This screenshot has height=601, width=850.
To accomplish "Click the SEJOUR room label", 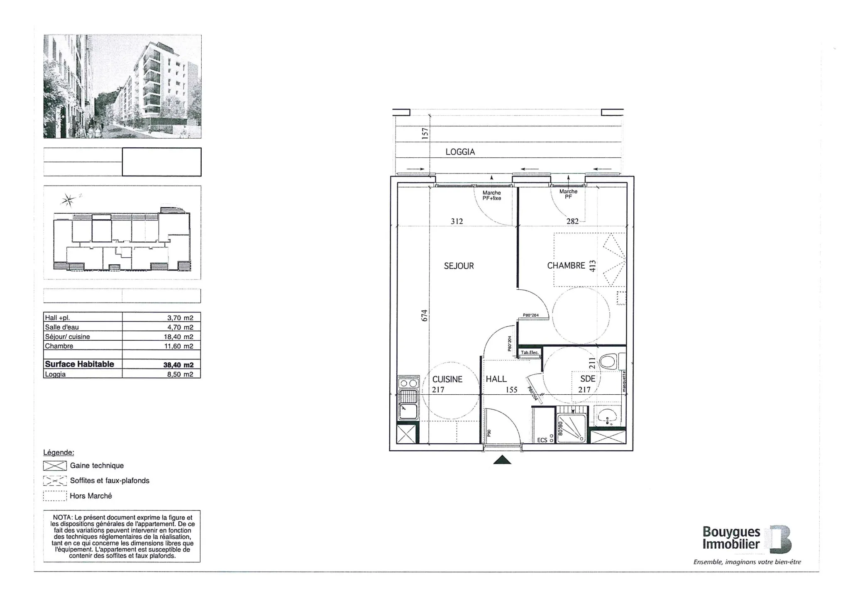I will [459, 266].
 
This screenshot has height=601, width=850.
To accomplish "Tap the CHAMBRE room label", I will [566, 266].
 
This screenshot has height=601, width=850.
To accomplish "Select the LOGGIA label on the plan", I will [460, 152].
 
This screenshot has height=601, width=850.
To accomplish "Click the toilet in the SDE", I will [608, 362].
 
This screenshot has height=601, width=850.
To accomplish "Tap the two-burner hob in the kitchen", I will [408, 384].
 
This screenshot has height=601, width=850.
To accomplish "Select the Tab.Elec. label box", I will [530, 353].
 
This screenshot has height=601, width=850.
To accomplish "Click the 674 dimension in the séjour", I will [424, 315].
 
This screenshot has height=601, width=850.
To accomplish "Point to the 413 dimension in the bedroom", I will [593, 266].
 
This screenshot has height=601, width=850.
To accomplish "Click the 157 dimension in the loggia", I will [425, 134].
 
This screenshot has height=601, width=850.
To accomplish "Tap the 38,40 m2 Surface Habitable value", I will [178, 365].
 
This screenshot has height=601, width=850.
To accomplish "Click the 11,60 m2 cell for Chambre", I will [178, 346].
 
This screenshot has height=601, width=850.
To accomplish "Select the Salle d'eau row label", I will [62, 327].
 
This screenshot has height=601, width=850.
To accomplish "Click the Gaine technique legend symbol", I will [55, 466].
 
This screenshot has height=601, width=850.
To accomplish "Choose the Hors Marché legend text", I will [91, 496].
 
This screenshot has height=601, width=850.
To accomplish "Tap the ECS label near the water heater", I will [542, 440].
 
